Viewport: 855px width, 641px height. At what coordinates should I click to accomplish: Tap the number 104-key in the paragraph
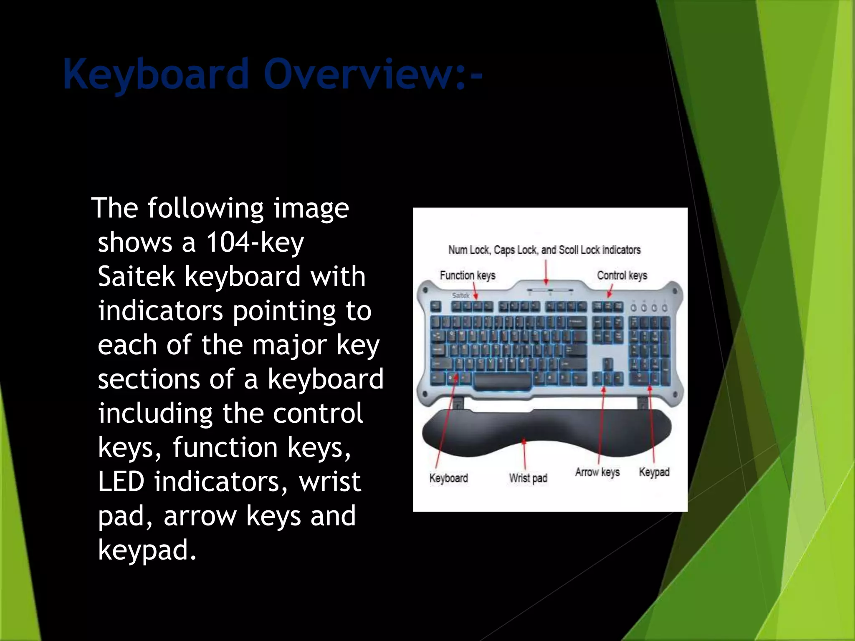point(255,242)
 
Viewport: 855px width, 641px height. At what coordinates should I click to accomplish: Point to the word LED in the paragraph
point(121,482)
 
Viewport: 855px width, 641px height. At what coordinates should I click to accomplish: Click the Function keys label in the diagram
point(467,275)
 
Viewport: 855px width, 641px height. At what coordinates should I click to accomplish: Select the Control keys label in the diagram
point(622,275)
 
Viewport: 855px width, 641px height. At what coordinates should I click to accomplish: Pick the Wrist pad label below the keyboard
point(528,478)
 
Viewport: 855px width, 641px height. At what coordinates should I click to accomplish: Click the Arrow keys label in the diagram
point(597,472)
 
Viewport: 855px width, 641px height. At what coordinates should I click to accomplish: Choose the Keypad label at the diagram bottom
point(654,472)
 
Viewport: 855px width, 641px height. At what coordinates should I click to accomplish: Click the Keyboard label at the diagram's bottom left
point(448,478)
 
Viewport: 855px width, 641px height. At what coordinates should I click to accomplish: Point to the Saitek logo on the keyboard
point(460,295)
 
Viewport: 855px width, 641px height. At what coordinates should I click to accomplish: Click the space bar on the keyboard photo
point(503,381)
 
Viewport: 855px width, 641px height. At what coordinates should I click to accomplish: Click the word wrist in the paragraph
point(330,482)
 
